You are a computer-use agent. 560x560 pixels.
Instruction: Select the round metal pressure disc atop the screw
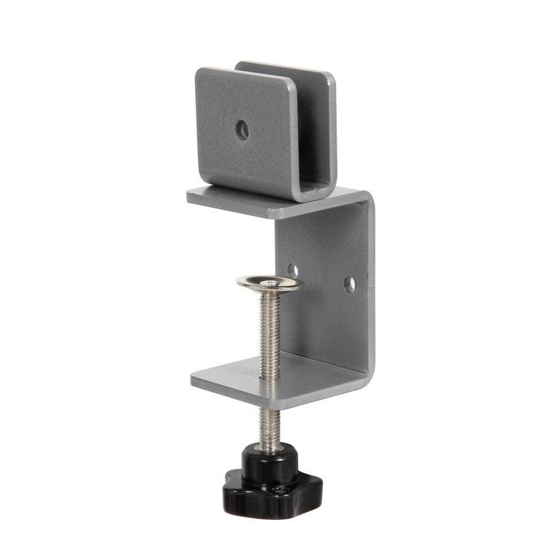point(269,283)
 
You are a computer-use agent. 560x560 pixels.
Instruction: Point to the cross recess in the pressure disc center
point(269,281)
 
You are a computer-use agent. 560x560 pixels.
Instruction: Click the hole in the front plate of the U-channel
point(241,131)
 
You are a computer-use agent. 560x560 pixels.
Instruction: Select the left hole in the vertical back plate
point(293,271)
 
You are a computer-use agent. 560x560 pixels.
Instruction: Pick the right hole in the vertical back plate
point(349,283)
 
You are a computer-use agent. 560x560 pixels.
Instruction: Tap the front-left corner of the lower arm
point(194,382)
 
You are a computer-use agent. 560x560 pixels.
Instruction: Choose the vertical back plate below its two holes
point(326,326)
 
